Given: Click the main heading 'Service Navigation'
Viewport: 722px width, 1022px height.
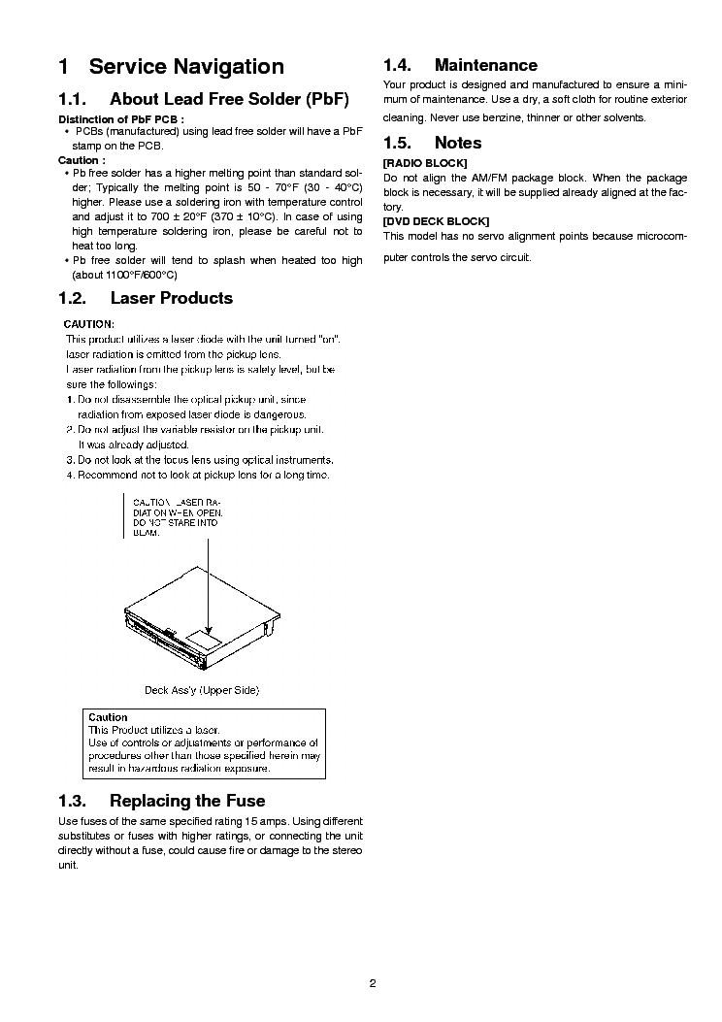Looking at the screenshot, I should [x=186, y=67].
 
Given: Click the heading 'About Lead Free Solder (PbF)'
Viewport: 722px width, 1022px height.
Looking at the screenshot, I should [x=229, y=99].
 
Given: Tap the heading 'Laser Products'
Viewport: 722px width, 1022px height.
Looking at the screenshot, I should [x=172, y=298].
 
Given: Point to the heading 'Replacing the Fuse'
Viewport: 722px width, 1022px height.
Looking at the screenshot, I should [x=187, y=801].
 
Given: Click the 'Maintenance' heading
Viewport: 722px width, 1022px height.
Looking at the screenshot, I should [x=485, y=65].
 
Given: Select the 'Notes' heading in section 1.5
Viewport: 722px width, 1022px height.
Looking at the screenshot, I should [x=458, y=143].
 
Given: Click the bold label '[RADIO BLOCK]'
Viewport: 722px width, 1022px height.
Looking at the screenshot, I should [x=425, y=162].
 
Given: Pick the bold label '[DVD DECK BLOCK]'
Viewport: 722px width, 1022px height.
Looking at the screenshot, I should [x=436, y=221].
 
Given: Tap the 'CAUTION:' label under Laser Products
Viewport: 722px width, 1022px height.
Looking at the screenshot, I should [x=89, y=323].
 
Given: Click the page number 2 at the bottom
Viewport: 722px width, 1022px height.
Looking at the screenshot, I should [x=372, y=982].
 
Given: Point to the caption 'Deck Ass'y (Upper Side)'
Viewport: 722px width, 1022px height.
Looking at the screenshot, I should [x=202, y=690].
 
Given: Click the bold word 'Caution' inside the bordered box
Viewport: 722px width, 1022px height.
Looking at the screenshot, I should [x=108, y=717].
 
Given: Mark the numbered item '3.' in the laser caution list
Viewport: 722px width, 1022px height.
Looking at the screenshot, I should [x=70, y=459].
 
